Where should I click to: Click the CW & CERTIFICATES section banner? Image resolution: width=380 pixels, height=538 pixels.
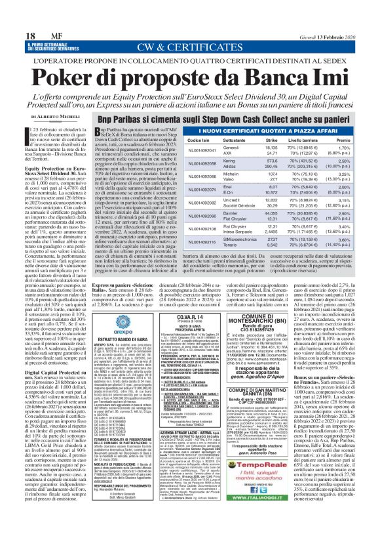[x=189, y=29]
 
